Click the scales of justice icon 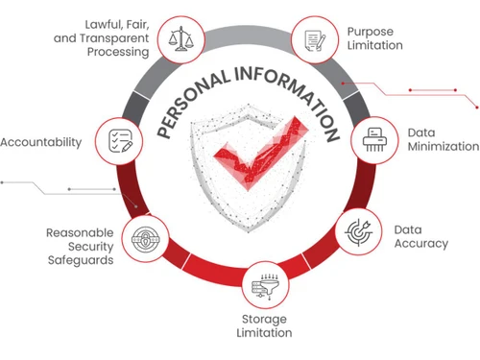tap(181, 39)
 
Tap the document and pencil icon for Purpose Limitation tap(315, 40)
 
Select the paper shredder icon tap(374, 140)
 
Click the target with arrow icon tap(359, 232)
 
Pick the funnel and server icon tap(265, 286)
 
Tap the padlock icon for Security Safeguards tap(146, 239)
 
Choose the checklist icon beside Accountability tap(120, 141)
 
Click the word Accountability tap(41, 142)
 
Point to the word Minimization tap(444, 146)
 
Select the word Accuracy tap(421, 244)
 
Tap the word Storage tap(264, 320)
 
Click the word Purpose tap(371, 32)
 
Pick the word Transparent tap(114, 38)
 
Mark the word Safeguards tap(81, 260)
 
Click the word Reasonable tap(80, 232)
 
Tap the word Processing tap(118, 52)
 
